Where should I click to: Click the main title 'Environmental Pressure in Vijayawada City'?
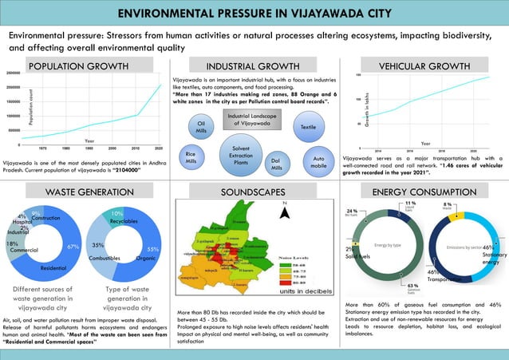[x=254, y=14]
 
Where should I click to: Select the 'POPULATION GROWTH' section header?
[x=78, y=66]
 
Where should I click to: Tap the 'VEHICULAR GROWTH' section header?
[x=424, y=66]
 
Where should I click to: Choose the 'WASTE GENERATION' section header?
[x=80, y=192]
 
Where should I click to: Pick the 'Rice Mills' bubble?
[x=191, y=157]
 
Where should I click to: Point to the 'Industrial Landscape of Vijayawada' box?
[x=253, y=121]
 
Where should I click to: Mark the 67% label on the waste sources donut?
[x=72, y=247]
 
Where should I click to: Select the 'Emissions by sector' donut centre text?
[x=463, y=248]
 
